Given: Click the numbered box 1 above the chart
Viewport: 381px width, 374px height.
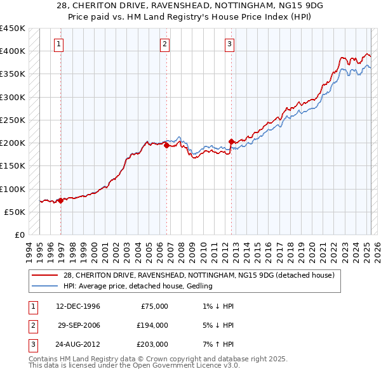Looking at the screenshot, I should click(x=58, y=44).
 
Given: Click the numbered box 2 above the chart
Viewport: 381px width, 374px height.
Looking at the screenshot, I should click(x=164, y=44).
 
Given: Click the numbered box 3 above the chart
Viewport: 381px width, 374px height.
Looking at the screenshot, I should click(x=229, y=44).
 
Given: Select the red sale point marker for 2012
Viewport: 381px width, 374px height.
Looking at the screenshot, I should click(x=231, y=141).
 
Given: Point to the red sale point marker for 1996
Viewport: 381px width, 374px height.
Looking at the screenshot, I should click(x=61, y=200).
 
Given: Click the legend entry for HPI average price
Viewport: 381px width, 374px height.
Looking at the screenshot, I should click(x=137, y=286).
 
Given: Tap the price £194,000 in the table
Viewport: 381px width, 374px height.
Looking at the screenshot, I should click(x=152, y=325).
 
